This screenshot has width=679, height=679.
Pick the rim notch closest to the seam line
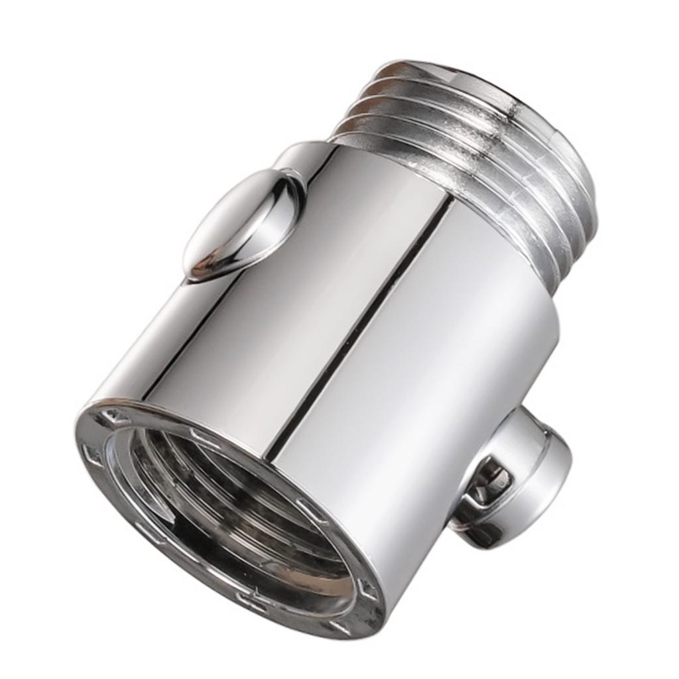311,511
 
